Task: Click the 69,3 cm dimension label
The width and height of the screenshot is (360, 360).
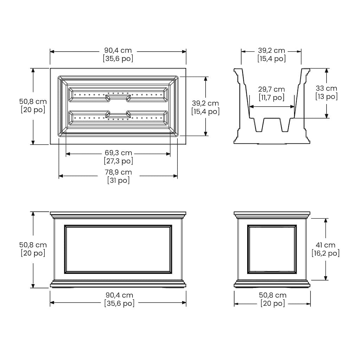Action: click(118, 153)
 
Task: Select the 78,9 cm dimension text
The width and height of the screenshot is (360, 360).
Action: click(118, 172)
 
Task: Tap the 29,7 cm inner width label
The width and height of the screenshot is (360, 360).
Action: click(271, 89)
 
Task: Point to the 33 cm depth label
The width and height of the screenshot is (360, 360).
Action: click(326, 88)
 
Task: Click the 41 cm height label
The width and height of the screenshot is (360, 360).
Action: click(326, 245)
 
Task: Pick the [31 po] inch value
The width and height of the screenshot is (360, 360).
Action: click(118, 180)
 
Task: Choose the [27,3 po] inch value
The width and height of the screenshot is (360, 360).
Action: click(118, 161)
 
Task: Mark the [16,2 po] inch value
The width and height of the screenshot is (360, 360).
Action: click(326, 253)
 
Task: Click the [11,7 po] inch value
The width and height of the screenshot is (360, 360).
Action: click(272, 98)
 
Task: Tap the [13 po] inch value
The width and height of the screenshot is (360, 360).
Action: click(327, 96)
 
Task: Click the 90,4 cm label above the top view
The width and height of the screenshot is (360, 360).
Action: click(118, 50)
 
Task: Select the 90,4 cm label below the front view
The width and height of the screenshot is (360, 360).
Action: click(120, 295)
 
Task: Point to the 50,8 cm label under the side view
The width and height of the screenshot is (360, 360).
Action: click(273, 295)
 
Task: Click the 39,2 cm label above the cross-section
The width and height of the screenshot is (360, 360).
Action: click(271, 50)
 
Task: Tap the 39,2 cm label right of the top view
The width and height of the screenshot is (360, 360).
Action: click(205, 103)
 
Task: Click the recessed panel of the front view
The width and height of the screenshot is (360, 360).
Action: click(118, 249)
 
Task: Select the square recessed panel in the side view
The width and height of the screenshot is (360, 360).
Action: click(272, 249)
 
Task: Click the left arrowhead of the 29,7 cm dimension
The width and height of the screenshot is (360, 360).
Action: click(251, 107)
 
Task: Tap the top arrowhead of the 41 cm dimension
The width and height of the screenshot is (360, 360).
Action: click(326, 221)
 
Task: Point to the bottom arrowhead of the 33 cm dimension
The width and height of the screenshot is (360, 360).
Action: click(327, 116)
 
